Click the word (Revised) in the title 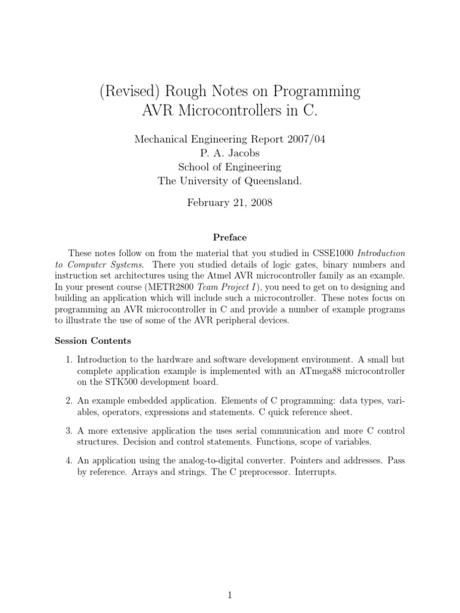tap(128, 92)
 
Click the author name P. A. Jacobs tap(230, 153)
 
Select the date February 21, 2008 tap(230, 202)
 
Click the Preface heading tap(230, 237)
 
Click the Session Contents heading tap(93, 341)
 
